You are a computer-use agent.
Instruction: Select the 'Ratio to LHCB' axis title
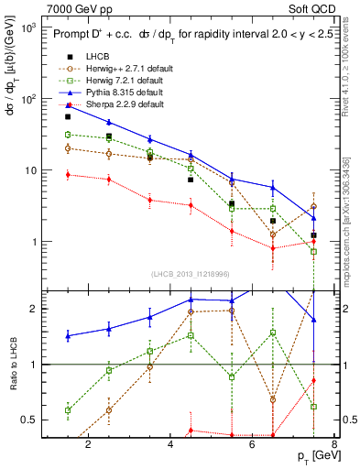pyautogui.click(x=13, y=364)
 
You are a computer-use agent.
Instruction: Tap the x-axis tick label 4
pyautogui.click(x=171, y=445)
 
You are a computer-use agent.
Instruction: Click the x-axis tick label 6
pyautogui.click(x=254, y=445)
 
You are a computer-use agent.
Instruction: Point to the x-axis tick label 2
pyautogui.click(x=88, y=445)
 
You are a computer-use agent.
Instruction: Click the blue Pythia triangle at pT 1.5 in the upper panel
pyautogui.click(x=68, y=105)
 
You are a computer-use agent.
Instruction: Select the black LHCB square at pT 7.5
pyautogui.click(x=313, y=235)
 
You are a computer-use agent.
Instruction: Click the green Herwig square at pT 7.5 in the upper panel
pyautogui.click(x=313, y=251)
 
